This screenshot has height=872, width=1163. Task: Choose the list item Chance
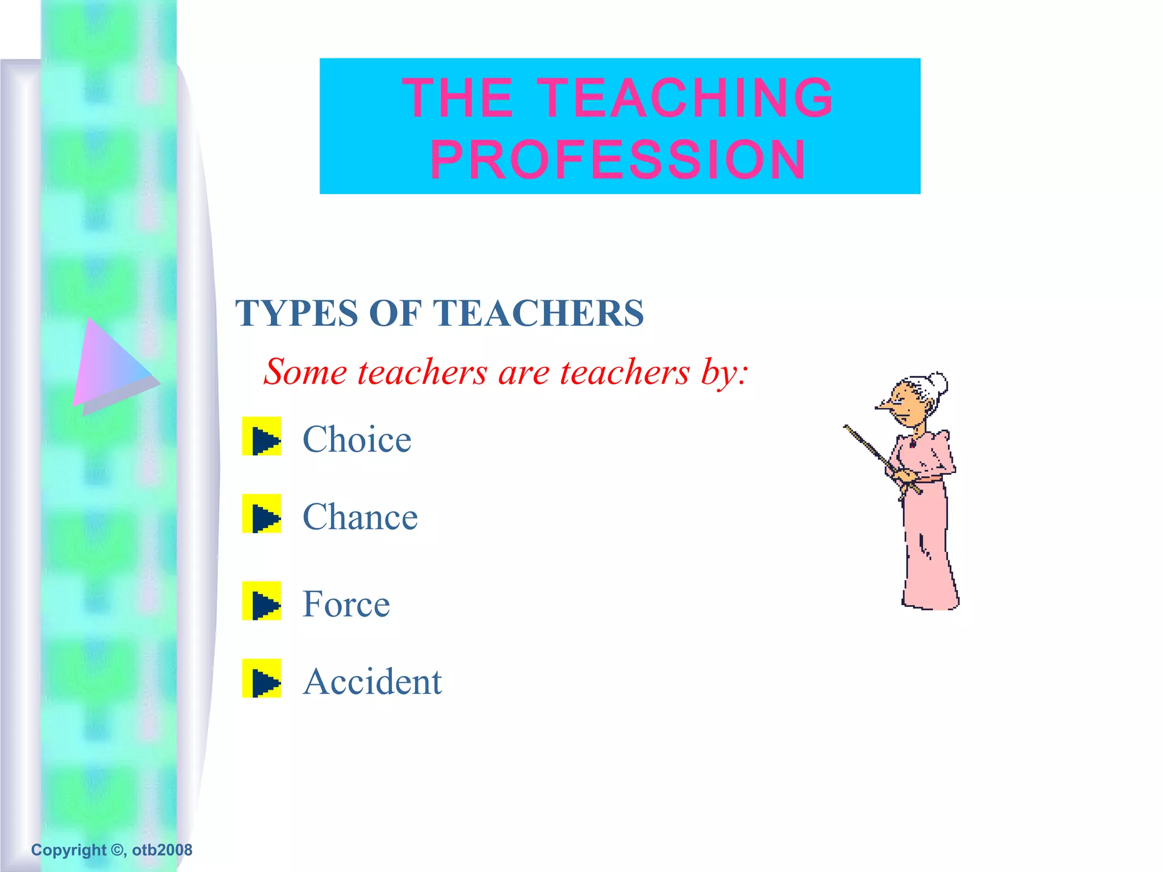360,517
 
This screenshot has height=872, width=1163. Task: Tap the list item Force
346,603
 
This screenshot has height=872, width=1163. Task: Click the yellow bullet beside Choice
262,437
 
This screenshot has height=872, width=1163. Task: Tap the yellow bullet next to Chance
262,514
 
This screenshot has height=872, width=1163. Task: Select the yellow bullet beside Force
262,601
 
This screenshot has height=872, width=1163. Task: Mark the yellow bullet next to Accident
262,678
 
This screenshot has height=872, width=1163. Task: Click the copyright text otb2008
162,850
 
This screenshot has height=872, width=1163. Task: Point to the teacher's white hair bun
938,383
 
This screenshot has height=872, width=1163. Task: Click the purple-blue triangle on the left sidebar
111,366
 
